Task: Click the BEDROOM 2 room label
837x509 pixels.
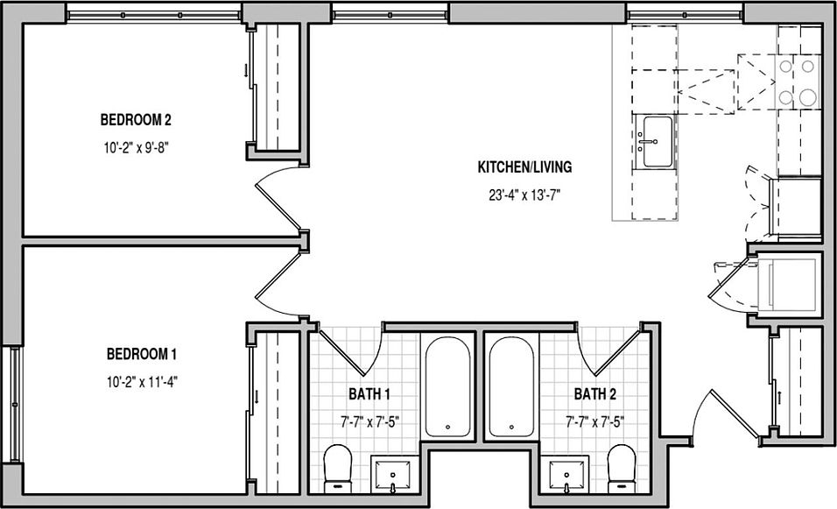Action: click(x=136, y=119)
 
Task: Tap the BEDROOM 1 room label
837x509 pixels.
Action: click(x=142, y=354)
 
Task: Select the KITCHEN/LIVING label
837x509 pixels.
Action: click(x=524, y=167)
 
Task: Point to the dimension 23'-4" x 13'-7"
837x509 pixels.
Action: click(x=524, y=195)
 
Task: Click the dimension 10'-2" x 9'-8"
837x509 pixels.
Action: click(x=136, y=147)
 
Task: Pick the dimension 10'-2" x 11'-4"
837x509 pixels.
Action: click(x=142, y=382)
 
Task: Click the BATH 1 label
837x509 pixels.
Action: click(x=369, y=394)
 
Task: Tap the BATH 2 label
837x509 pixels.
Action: click(x=595, y=394)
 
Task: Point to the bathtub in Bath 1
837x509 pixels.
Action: click(x=448, y=386)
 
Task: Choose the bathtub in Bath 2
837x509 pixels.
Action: click(x=511, y=386)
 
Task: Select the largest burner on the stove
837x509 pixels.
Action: click(x=807, y=97)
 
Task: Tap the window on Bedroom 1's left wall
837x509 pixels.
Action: click(x=15, y=405)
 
